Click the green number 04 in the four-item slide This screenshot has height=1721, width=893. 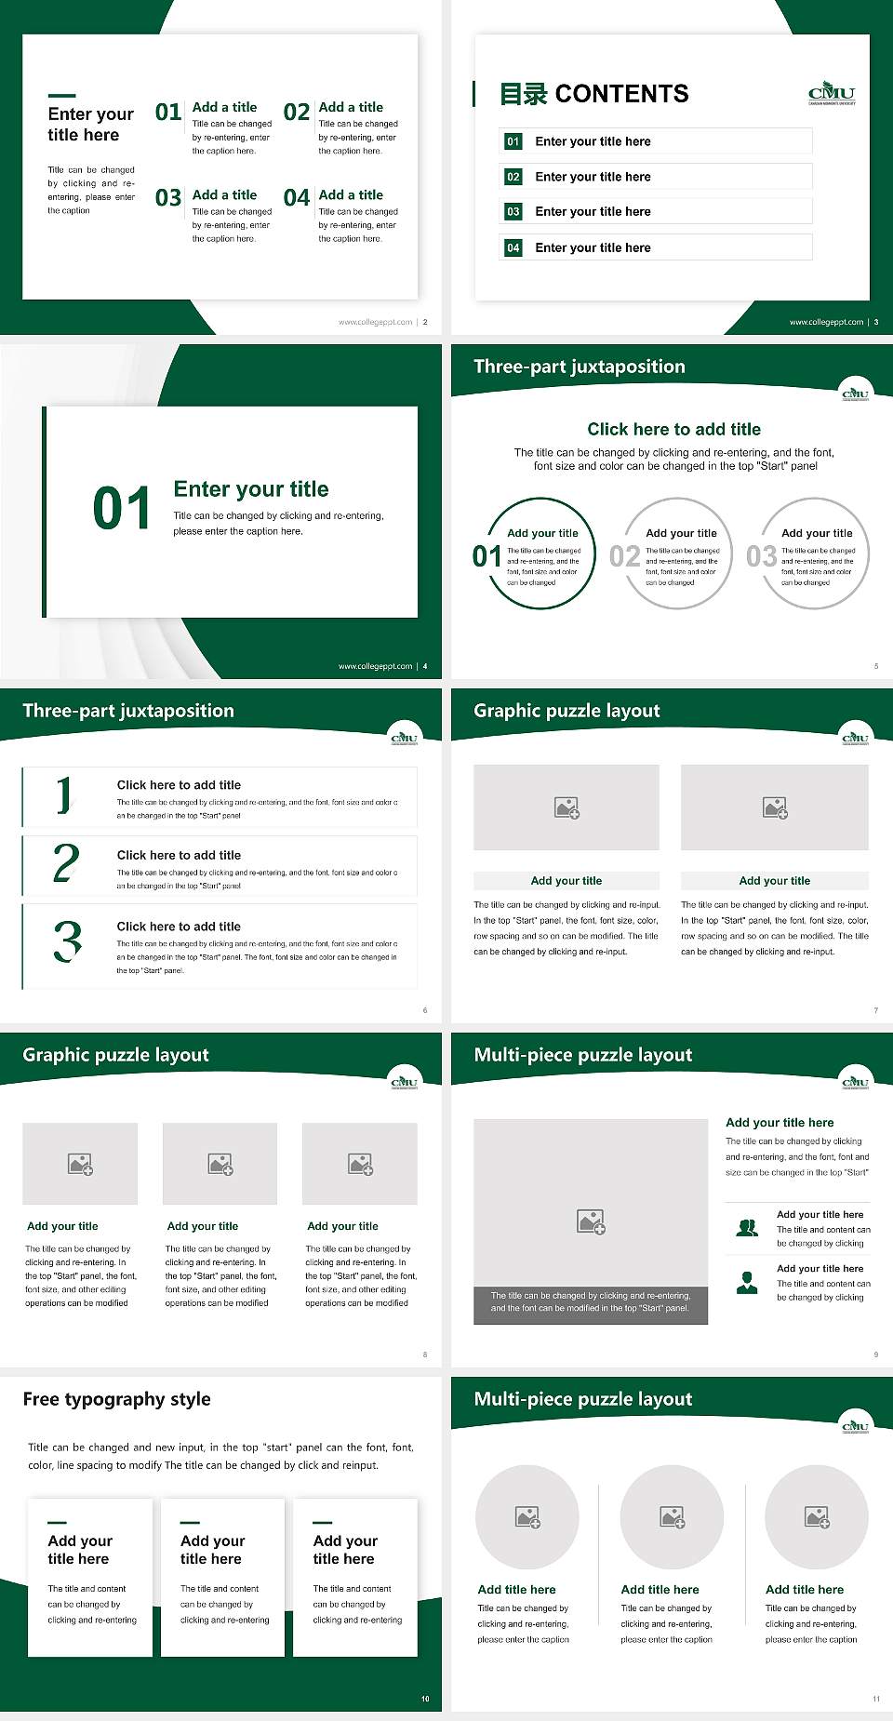tap(297, 198)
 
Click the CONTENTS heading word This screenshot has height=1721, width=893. tap(621, 94)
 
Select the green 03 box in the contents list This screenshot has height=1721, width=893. tap(513, 212)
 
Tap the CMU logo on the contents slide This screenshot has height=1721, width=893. tap(831, 93)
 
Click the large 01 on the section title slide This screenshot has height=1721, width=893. tap(122, 509)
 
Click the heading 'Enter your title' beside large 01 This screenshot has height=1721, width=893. tap(251, 489)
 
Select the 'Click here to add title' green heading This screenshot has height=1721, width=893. tap(673, 429)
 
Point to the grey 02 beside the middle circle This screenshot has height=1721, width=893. tap(624, 556)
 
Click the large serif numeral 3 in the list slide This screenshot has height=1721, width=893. tap(67, 941)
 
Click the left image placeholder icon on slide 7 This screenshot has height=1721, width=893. tap(566, 807)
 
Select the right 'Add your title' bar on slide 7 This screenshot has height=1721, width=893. tap(774, 881)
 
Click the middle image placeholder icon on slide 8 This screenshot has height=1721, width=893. tap(220, 1164)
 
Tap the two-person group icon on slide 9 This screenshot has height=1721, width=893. tap(747, 1228)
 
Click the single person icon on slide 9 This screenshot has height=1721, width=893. tap(747, 1283)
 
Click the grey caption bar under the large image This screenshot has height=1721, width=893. tap(591, 1301)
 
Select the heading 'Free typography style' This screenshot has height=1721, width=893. tap(116, 1399)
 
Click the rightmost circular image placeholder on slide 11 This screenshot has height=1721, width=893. tap(817, 1517)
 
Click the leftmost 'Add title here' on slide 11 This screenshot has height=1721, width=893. tap(516, 1590)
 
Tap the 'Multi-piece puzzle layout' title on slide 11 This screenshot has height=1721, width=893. tap(583, 1399)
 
